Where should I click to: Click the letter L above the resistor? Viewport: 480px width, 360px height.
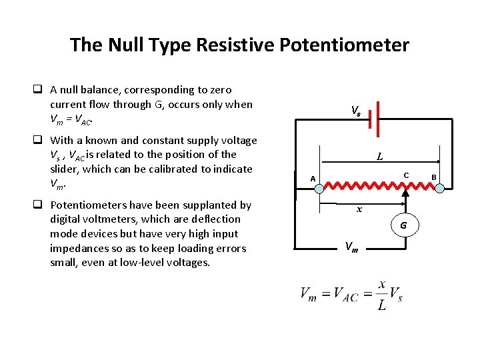tap(379, 157)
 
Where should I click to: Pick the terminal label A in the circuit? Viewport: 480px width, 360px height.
tap(312, 178)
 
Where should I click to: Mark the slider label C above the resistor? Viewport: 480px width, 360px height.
tap(405, 175)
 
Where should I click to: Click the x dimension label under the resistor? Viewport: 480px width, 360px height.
tap(359, 209)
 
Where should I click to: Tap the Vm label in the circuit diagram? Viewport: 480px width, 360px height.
tap(351, 247)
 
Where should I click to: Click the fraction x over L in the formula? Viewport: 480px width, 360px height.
tap(381, 295)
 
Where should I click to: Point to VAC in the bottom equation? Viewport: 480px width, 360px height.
tap(347, 295)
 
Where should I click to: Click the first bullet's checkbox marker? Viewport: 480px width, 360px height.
tap(40, 90)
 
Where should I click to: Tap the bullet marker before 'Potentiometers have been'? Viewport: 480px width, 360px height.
tap(40, 205)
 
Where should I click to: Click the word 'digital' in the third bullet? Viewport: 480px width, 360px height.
tap(65, 219)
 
